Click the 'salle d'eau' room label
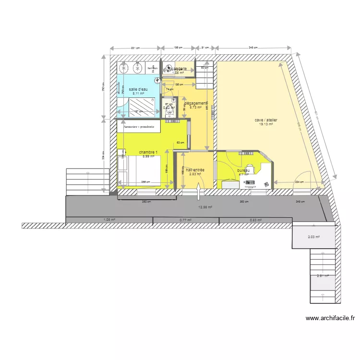(x=139, y=89)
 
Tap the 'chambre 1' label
(x=148, y=152)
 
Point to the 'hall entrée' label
(x=195, y=170)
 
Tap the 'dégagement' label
(x=196, y=103)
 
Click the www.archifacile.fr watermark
(x=330, y=318)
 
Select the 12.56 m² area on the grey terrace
(x=205, y=207)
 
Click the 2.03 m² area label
(x=314, y=237)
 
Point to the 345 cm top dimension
(x=253, y=48)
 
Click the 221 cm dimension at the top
(x=135, y=48)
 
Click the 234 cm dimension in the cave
(x=300, y=182)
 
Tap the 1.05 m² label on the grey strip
(x=109, y=220)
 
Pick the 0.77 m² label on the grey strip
(x=186, y=220)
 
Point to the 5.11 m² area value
(x=139, y=94)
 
